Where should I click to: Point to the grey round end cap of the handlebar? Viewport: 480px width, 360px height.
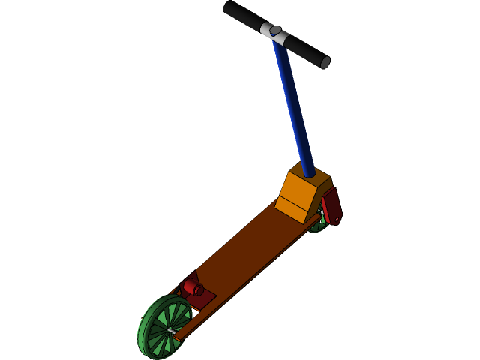(x=325, y=63)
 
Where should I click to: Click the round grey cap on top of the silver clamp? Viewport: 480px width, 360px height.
(x=275, y=30)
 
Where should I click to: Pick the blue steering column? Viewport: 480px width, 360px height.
(x=292, y=105)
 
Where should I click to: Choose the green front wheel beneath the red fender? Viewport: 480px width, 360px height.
(x=318, y=222)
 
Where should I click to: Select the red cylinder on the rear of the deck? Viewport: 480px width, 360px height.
(x=190, y=286)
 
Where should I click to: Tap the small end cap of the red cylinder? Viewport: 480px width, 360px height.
(x=199, y=289)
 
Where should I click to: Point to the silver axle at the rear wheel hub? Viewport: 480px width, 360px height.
(x=172, y=331)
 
